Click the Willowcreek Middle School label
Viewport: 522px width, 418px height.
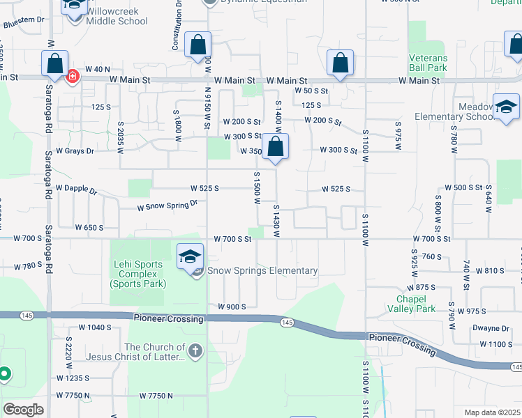coord(117,16)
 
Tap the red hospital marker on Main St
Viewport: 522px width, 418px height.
coord(72,77)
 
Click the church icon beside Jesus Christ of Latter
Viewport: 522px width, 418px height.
coord(195,352)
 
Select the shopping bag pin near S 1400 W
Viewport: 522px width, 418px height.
coord(276,148)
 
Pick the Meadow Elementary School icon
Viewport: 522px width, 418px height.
coord(506,107)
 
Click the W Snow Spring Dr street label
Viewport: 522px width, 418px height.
coord(167,206)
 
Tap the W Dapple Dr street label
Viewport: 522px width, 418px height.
coord(76,189)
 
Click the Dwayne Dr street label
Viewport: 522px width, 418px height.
coord(490,328)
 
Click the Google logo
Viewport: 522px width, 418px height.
coord(23,410)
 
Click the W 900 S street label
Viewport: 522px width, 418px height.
coord(232,307)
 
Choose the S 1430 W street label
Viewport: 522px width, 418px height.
coord(276,219)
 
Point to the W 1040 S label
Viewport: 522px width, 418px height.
coord(95,327)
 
